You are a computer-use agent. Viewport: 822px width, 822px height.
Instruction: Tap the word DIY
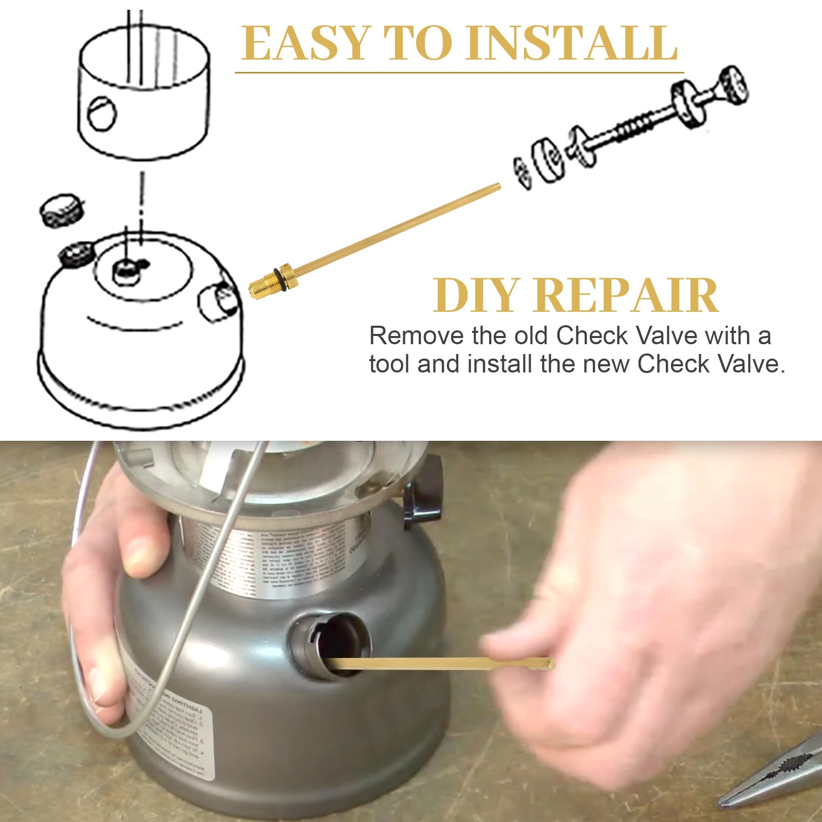474,295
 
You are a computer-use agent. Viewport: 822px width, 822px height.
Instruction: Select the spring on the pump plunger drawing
634,126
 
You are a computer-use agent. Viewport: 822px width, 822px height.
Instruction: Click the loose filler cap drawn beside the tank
62,210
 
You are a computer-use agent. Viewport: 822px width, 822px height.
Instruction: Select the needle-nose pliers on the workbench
776,776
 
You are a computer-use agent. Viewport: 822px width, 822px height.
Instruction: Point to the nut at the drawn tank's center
126,271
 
